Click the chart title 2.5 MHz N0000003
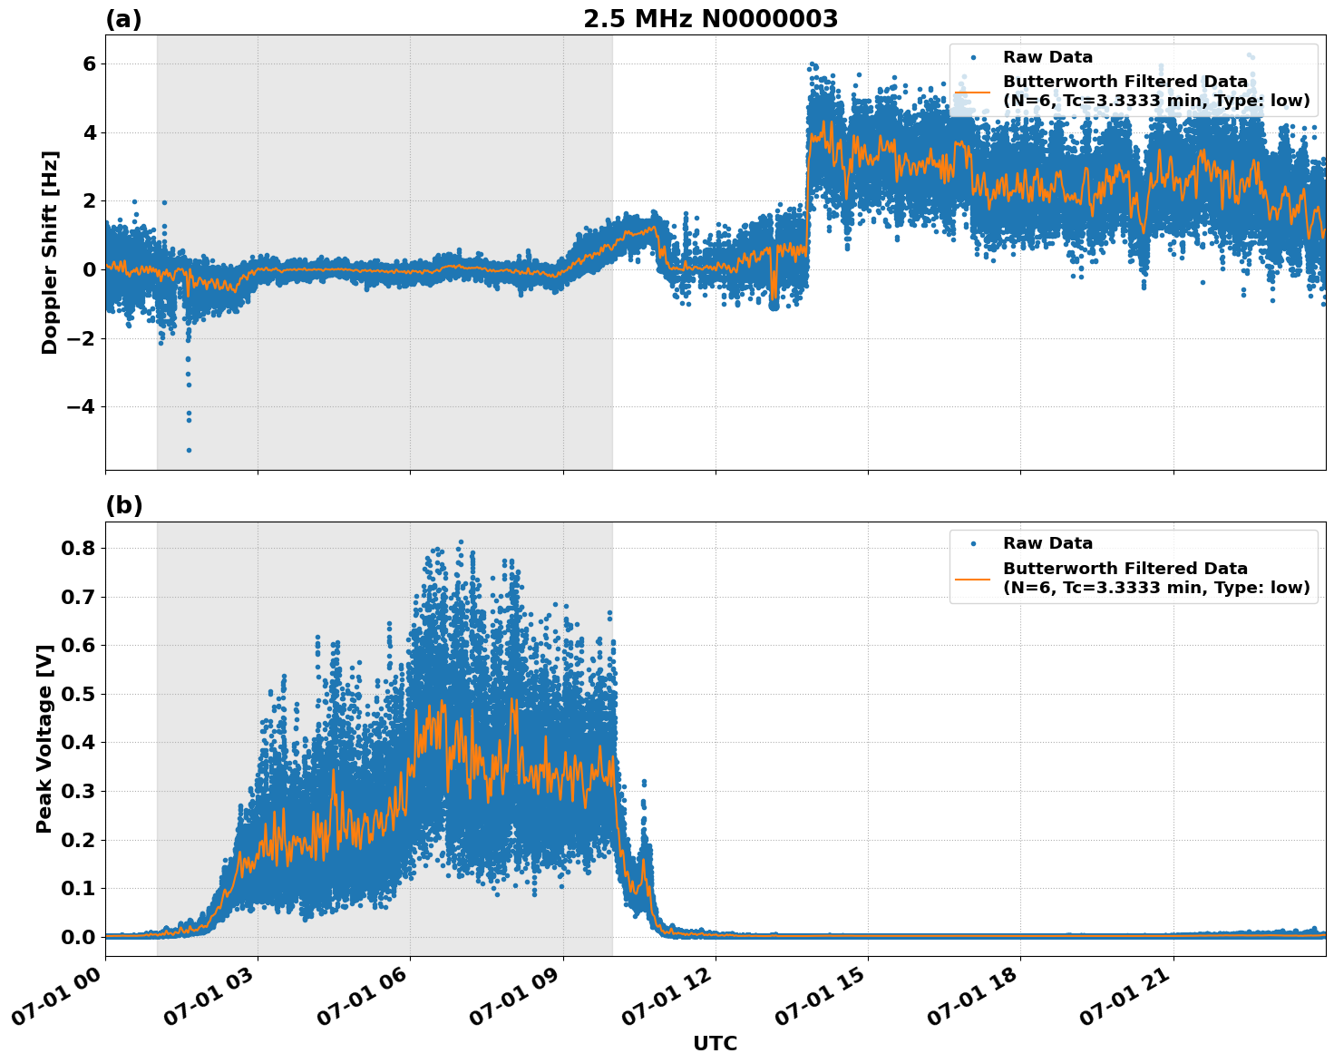point(710,19)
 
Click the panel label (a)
point(123,19)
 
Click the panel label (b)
point(123,505)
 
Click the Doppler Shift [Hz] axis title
point(50,252)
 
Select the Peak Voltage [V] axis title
point(44,738)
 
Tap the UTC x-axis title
point(715,1043)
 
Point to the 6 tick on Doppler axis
point(89,63)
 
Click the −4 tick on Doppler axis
point(82,406)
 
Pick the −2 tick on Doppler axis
point(82,338)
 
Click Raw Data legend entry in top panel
point(1047,57)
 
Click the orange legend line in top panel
point(973,91)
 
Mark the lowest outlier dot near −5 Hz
point(189,450)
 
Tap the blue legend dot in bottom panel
point(973,543)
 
